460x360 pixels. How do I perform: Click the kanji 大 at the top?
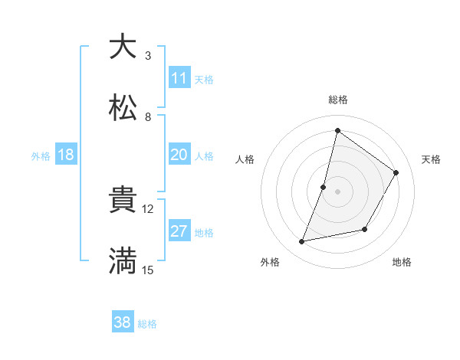click(123, 47)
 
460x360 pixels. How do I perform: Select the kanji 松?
click(123, 107)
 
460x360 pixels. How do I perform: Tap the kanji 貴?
click(123, 199)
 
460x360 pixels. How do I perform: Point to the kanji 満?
click(123, 260)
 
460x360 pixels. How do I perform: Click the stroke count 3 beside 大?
click(148, 56)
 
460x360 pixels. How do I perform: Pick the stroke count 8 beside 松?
click(148, 117)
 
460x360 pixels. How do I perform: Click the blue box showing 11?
click(179, 78)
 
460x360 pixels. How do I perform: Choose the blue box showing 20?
click(179, 155)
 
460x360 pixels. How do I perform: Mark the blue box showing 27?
click(179, 231)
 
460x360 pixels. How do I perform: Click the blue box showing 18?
click(66, 155)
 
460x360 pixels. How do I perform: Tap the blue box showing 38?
click(122, 322)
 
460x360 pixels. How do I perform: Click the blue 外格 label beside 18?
click(41, 155)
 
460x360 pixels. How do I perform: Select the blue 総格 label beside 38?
click(147, 324)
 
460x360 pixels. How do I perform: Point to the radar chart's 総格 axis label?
click(337, 100)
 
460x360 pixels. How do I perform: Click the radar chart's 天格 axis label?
click(431, 159)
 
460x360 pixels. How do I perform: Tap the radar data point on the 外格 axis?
click(302, 242)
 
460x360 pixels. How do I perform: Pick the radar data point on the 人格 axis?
click(324, 187)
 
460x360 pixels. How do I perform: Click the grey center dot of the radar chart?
click(337, 191)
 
